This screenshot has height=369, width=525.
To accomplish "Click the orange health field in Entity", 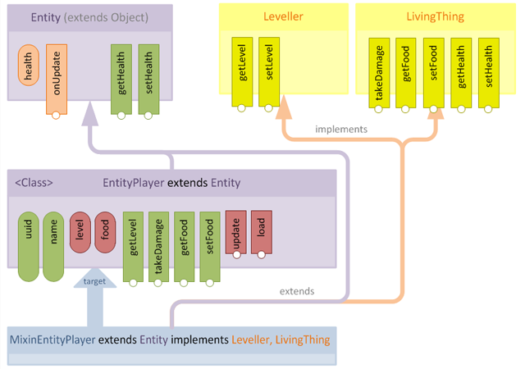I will pos(30,66).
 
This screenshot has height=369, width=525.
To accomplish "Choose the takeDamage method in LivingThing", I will pos(380,72).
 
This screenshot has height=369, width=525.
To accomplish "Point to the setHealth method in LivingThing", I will pos(488,72).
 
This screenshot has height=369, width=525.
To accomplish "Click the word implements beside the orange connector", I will pos(341,129).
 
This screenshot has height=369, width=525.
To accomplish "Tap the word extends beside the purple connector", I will pos(297,291).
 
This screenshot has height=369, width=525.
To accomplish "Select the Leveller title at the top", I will pos(283,17).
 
